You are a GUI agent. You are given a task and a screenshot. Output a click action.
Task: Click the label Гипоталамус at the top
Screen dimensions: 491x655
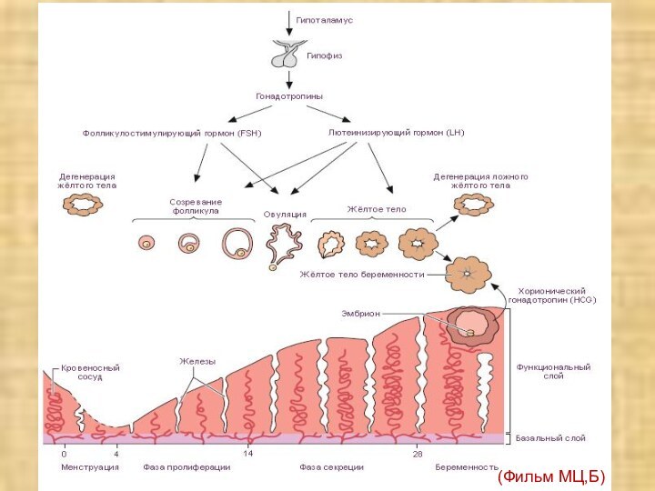[x=324, y=20]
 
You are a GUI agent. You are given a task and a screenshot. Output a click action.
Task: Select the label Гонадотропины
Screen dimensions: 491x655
[x=289, y=95]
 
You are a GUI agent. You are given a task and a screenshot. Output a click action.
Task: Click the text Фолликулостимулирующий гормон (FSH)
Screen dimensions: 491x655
[x=172, y=134]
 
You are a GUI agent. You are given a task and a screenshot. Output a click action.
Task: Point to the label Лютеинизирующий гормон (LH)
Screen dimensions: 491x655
[x=396, y=133]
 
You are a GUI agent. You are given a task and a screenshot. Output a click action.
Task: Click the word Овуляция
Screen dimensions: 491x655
[x=285, y=215]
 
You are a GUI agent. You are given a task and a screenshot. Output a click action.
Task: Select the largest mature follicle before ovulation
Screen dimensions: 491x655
[x=237, y=242]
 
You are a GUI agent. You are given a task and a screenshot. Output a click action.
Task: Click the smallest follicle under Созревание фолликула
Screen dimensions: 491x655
[x=146, y=243]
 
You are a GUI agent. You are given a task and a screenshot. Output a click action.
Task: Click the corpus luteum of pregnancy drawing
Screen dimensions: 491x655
[x=469, y=274]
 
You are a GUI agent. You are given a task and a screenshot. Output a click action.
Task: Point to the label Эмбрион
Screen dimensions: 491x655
[x=360, y=314]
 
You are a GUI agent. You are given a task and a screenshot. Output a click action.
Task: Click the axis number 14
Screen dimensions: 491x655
[x=247, y=453]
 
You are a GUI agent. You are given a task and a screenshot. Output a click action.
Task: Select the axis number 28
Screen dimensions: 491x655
[x=418, y=453]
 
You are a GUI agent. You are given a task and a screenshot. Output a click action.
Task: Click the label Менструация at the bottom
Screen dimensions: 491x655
[x=90, y=467]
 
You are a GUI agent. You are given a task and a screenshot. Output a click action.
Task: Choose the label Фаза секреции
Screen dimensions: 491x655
[x=331, y=467]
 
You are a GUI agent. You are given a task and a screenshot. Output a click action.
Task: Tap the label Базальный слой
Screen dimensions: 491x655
[x=550, y=438]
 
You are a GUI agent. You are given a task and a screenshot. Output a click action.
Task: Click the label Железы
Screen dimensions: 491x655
[x=196, y=362]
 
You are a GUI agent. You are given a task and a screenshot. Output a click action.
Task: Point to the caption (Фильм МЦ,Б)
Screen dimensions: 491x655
[x=551, y=476]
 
